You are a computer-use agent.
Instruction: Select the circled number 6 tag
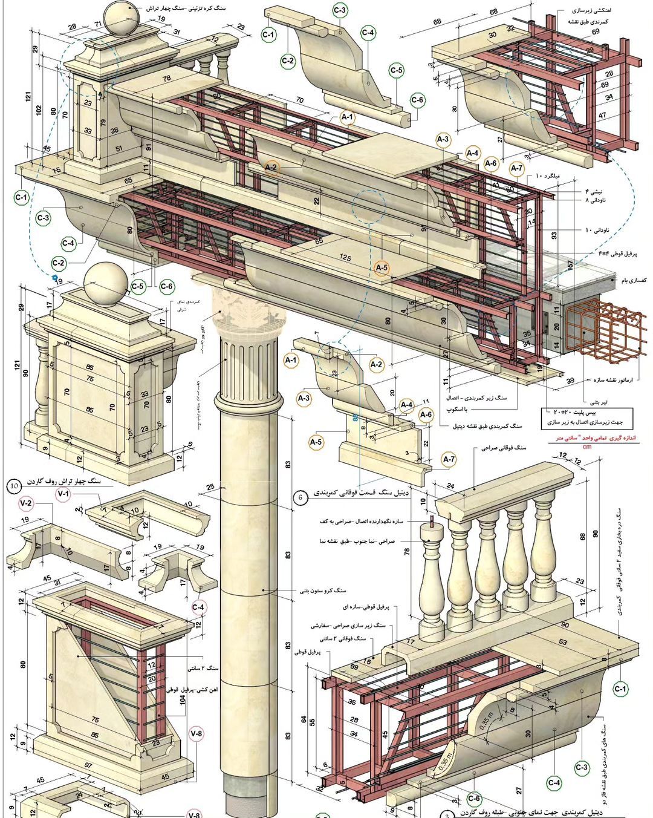coord(301,497)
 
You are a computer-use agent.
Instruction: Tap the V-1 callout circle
coord(63,495)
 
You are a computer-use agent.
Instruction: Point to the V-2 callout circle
coord(26,503)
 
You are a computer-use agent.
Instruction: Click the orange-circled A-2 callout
coord(271,168)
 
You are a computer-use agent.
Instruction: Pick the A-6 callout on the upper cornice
coord(490,163)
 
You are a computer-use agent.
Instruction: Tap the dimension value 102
coord(38,111)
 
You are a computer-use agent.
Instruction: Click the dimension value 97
coord(89,766)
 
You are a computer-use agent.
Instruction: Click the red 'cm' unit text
coord(586,447)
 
